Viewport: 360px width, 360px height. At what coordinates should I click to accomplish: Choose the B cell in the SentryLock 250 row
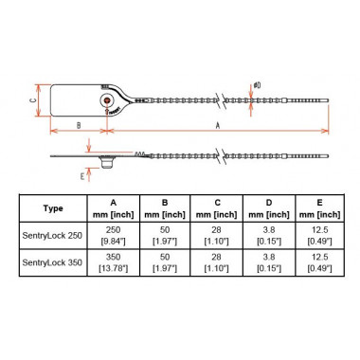165,236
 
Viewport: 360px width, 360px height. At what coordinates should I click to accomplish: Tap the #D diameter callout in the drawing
257,87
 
